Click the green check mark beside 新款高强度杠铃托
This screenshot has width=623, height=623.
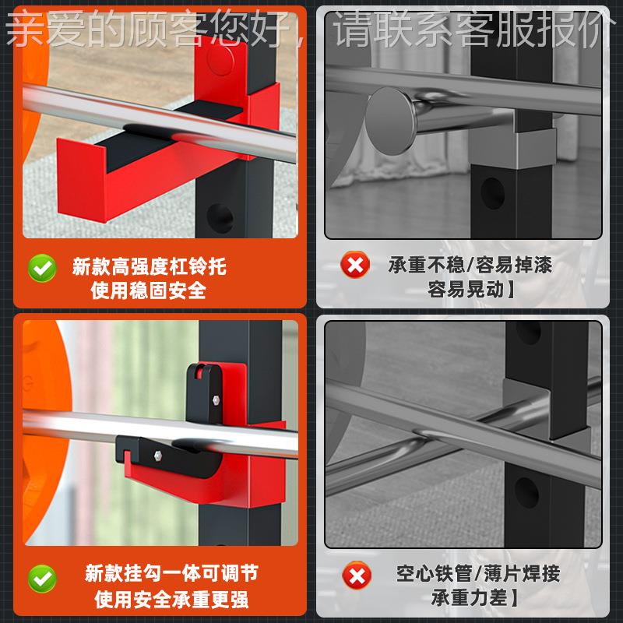(x=42, y=268)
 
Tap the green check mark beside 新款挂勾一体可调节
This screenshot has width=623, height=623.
(x=42, y=578)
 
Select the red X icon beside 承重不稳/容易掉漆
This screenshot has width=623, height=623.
(x=355, y=266)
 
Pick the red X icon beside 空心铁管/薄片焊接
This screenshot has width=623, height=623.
(x=355, y=576)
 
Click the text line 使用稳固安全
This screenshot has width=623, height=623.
(x=149, y=290)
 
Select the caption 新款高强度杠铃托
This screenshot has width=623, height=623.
(x=149, y=267)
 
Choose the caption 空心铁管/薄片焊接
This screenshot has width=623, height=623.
(x=477, y=575)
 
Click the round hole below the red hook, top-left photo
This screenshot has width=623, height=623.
(x=220, y=217)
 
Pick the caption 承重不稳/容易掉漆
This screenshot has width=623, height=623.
(x=470, y=266)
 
